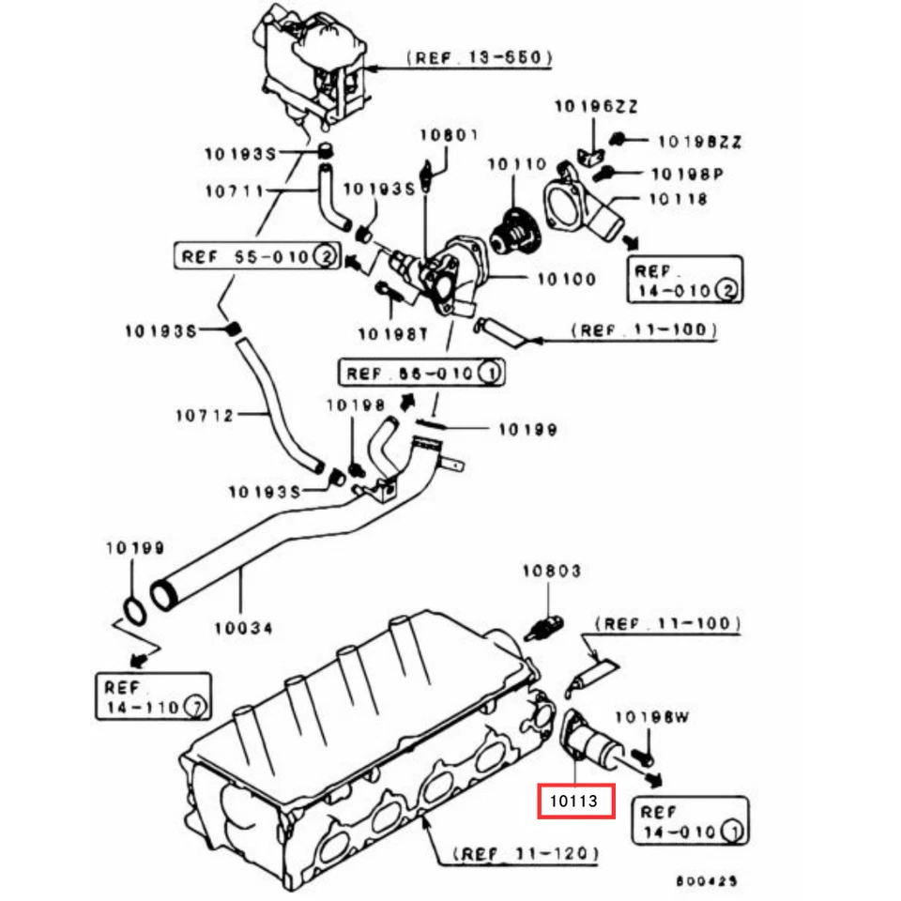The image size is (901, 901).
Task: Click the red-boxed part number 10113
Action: click(x=575, y=802)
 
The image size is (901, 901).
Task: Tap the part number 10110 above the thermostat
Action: click(x=516, y=164)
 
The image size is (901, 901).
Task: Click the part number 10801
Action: click(x=449, y=134)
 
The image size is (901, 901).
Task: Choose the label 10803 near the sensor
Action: click(x=551, y=571)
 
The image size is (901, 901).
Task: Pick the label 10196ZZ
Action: click(x=595, y=107)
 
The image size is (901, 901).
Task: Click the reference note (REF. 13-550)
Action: click(x=480, y=58)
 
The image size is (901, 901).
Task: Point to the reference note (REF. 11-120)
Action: click(x=526, y=854)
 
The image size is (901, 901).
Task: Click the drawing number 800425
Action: click(x=706, y=882)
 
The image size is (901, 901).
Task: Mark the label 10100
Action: click(x=565, y=279)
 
